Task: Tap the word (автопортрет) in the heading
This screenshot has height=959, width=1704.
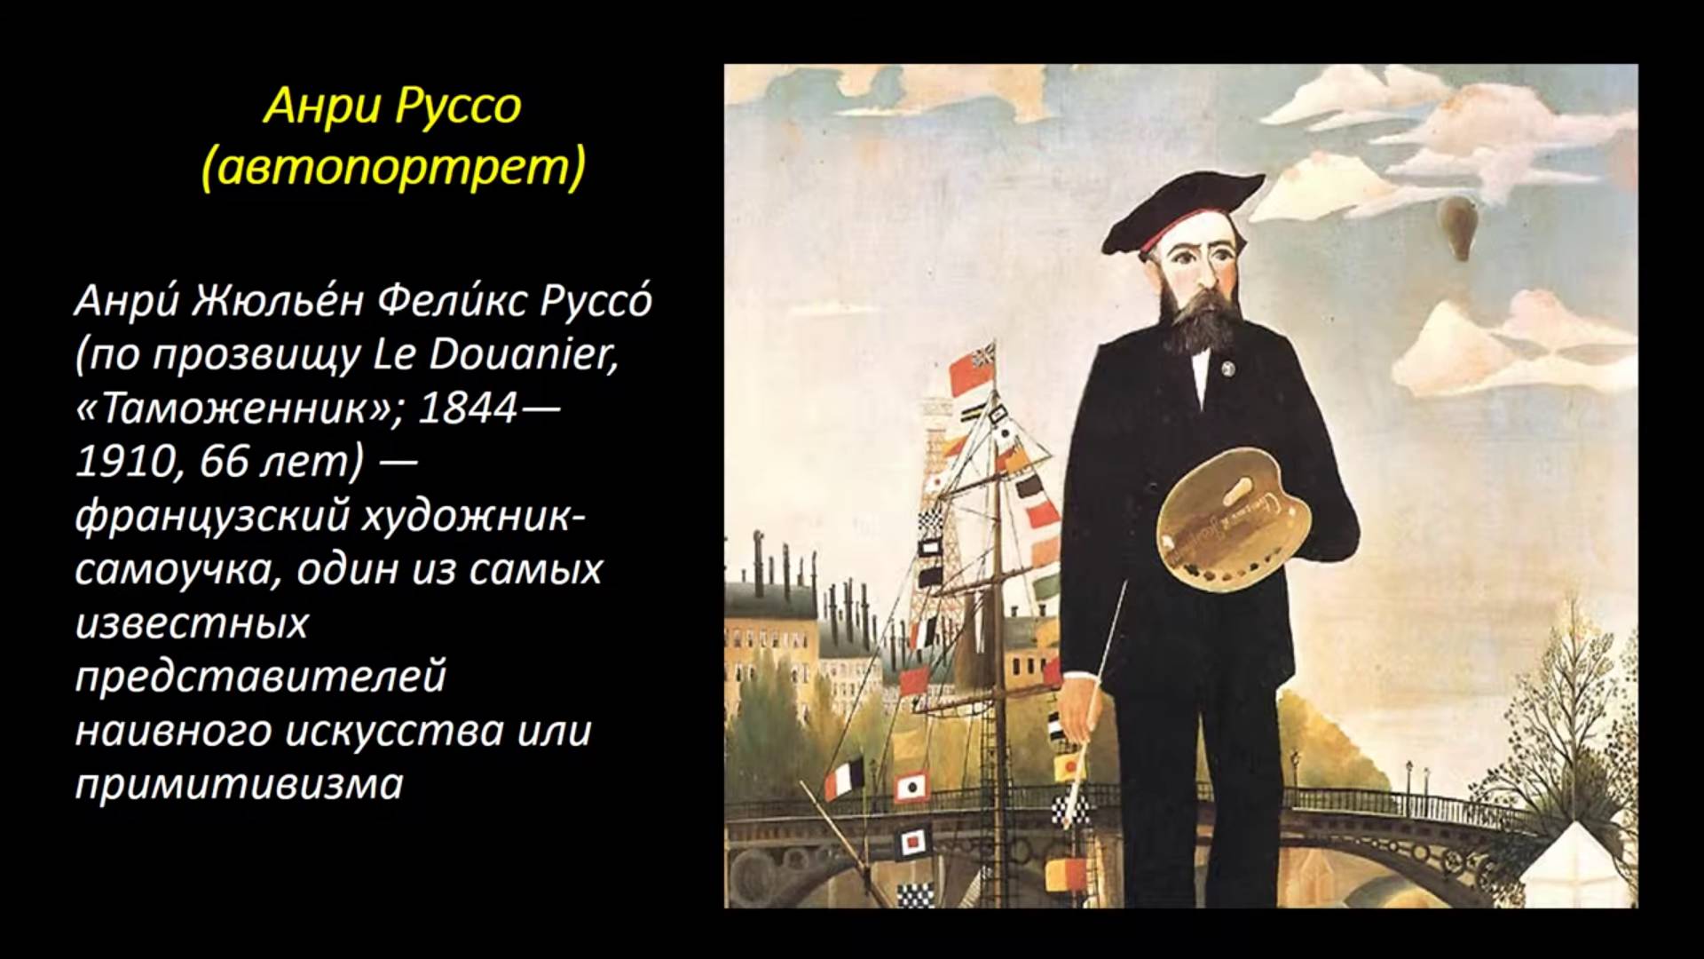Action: (x=393, y=167)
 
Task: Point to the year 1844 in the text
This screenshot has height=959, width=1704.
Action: (x=467, y=408)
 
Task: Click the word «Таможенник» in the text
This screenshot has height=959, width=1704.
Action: (x=240, y=408)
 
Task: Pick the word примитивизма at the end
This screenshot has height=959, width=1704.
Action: (x=240, y=785)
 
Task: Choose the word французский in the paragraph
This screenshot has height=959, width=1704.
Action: (x=211, y=516)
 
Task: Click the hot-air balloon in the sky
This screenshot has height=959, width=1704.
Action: (x=1457, y=227)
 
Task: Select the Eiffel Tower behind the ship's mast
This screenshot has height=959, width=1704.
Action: (x=932, y=497)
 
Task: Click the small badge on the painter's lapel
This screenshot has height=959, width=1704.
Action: (x=1230, y=366)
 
